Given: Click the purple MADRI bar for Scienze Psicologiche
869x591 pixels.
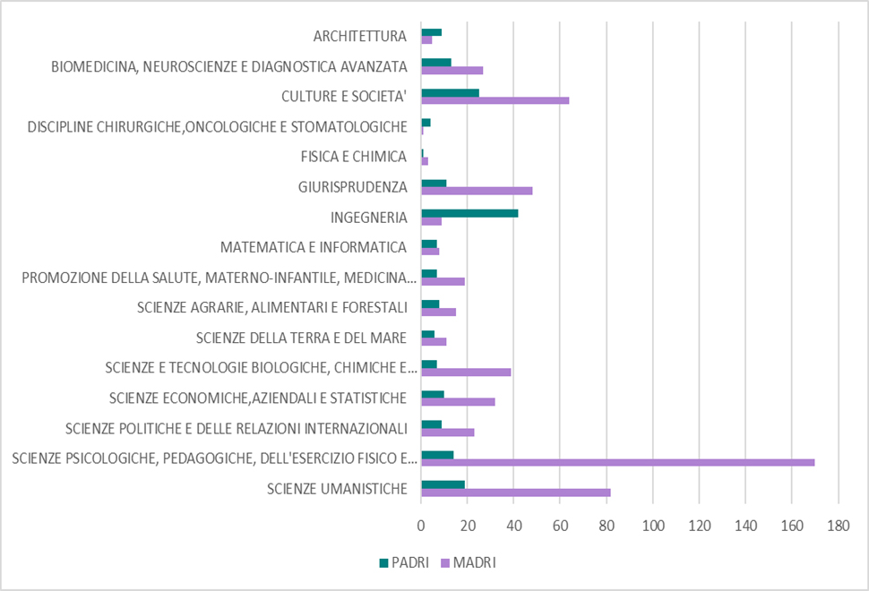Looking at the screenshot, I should [x=617, y=462].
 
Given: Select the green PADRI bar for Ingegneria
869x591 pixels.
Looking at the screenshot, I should [x=469, y=213].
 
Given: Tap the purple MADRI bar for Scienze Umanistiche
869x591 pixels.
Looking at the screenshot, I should [x=515, y=492].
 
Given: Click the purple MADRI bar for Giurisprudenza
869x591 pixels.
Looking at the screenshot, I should [x=477, y=191].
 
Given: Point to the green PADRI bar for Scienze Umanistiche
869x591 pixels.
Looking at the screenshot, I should [x=443, y=484].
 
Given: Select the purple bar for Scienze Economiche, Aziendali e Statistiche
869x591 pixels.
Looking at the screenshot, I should [x=458, y=402].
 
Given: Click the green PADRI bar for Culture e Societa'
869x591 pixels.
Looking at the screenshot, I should [x=450, y=92].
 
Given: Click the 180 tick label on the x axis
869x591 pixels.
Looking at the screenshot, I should [x=837, y=526].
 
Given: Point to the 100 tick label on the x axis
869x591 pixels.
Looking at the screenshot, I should [x=652, y=526].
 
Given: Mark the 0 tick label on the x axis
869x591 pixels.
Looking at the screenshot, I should [x=421, y=526].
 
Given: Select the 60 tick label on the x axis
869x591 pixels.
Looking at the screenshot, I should [x=560, y=526].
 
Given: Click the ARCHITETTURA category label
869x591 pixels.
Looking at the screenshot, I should [x=360, y=37].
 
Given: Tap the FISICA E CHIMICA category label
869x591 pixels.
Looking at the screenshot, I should [x=354, y=157].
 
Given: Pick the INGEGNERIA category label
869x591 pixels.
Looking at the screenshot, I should [x=369, y=218].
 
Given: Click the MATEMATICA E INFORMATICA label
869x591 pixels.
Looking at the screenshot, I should [x=314, y=247].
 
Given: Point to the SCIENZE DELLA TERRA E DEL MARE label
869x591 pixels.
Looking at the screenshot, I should [x=302, y=338].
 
